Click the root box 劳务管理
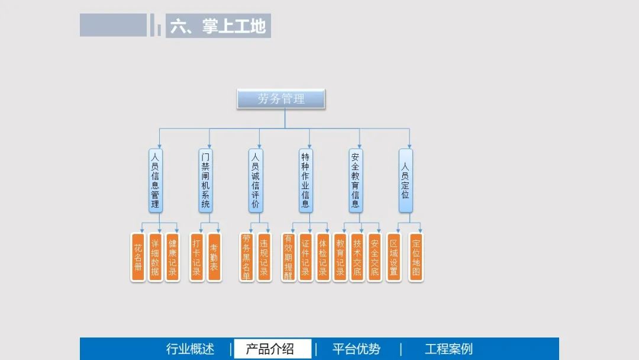[x=281, y=99]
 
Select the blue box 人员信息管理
[x=155, y=181]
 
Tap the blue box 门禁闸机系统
[x=205, y=181]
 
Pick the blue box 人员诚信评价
[x=256, y=181]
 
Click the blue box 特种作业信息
[x=305, y=181]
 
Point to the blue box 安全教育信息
[x=356, y=181]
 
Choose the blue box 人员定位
[x=405, y=181]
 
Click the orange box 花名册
[x=138, y=257]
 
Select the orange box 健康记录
[x=172, y=257]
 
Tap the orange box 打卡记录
[x=197, y=257]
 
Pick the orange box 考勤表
[x=214, y=257]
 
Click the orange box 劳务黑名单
[x=247, y=257]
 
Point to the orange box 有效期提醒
[x=288, y=257]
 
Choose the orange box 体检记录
[x=322, y=257]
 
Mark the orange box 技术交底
[x=357, y=257]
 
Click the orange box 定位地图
[x=416, y=257]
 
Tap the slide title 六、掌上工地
[x=218, y=26]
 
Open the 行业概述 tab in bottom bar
[x=190, y=349]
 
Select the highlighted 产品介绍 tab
[x=270, y=349]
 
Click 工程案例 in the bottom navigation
[x=448, y=349]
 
